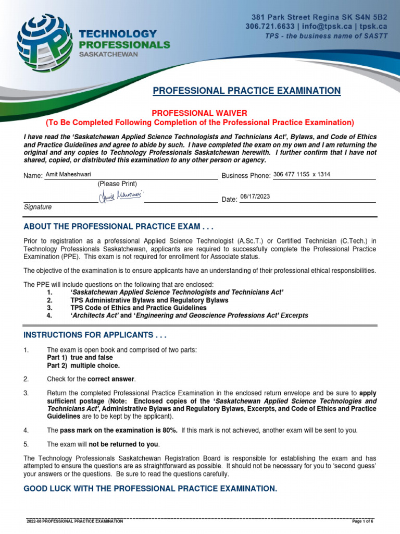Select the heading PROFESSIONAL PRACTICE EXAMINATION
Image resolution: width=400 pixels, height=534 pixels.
pos(247,91)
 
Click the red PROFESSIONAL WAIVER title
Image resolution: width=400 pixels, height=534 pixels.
pos(199,113)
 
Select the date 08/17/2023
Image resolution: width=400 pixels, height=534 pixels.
pos(255,197)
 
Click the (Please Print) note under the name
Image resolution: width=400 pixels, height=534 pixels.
pos(117,184)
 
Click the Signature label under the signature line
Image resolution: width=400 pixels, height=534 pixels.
pos(37,207)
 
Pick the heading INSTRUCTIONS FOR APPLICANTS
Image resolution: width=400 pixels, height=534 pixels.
pos(95,334)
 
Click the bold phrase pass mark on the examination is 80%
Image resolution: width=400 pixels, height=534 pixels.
pos(119,430)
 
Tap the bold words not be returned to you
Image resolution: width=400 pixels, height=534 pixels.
pos(124,444)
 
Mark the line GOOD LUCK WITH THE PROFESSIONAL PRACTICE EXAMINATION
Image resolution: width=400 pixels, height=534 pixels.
pos(151,489)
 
